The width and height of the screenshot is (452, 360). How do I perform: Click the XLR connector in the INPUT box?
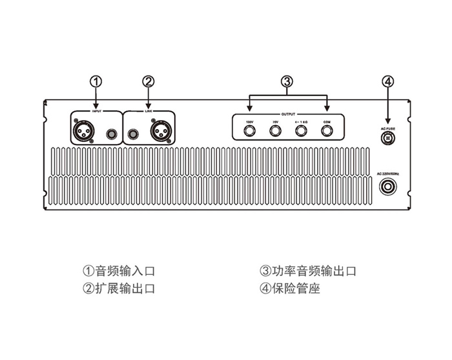tap(85, 132)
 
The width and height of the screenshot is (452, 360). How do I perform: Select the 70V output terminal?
tap(275, 132)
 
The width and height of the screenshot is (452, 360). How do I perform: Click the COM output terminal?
tap(327, 132)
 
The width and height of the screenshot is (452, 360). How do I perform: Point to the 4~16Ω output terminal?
tap(301, 132)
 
